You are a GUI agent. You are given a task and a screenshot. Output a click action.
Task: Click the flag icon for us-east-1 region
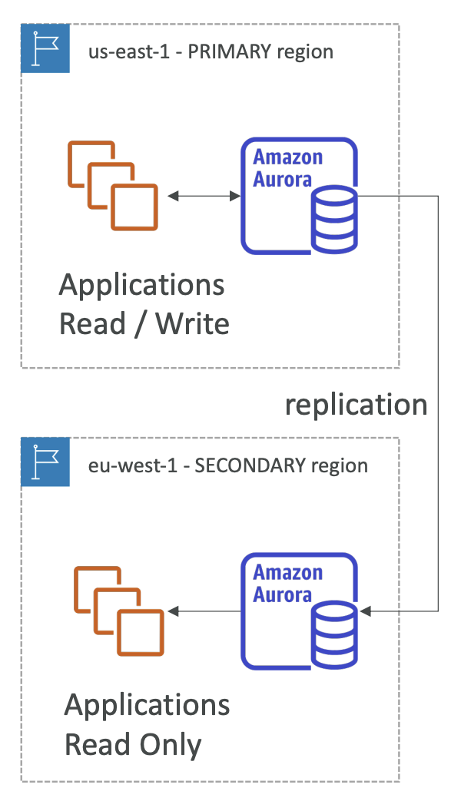45,48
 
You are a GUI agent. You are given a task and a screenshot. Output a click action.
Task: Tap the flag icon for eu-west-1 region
45,462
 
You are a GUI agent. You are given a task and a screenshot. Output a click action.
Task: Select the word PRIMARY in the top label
229,51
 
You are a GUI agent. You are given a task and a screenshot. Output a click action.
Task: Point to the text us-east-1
129,52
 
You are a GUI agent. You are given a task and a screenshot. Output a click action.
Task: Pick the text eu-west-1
132,466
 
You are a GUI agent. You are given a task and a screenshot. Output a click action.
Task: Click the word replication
357,405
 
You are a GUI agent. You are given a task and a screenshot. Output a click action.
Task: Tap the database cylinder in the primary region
334,220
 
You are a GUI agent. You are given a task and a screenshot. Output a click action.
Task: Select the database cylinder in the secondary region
334,635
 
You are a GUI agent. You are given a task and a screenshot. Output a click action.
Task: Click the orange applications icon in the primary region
112,185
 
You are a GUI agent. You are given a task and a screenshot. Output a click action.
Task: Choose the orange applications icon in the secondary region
118,611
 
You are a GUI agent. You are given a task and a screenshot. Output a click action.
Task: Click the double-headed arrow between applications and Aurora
204,196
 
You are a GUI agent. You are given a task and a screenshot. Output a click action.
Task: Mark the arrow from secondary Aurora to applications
204,611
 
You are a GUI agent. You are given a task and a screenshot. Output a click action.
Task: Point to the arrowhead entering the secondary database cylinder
366,611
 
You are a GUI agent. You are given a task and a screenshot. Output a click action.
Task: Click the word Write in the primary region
193,324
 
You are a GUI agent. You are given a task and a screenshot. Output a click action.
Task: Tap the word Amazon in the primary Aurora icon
287,157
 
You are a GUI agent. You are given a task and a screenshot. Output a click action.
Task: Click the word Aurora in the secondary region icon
282,594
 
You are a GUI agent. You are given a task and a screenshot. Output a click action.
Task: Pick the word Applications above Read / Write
142,286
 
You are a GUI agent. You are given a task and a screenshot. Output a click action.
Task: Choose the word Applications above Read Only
147,706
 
